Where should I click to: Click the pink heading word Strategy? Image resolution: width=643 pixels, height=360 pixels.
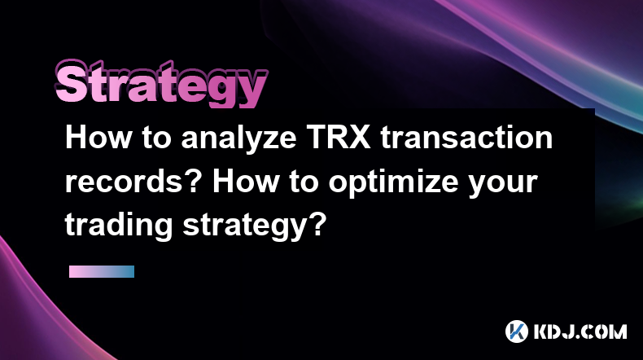161,84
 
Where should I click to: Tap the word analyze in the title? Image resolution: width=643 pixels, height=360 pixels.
238,138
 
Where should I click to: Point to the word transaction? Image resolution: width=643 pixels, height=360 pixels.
466,137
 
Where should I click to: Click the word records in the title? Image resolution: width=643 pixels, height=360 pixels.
124,182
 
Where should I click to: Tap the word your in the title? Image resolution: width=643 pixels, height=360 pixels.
503,185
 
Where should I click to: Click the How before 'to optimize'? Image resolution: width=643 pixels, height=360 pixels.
245,181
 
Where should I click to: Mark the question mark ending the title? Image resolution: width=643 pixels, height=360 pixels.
317,224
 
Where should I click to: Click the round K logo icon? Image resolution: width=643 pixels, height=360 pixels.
517,331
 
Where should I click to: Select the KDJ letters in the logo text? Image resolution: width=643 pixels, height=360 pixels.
553,331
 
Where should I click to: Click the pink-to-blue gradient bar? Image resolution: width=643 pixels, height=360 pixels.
102,271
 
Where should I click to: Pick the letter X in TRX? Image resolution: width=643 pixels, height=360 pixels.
359,137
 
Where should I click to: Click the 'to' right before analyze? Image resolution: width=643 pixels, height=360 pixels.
156,138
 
